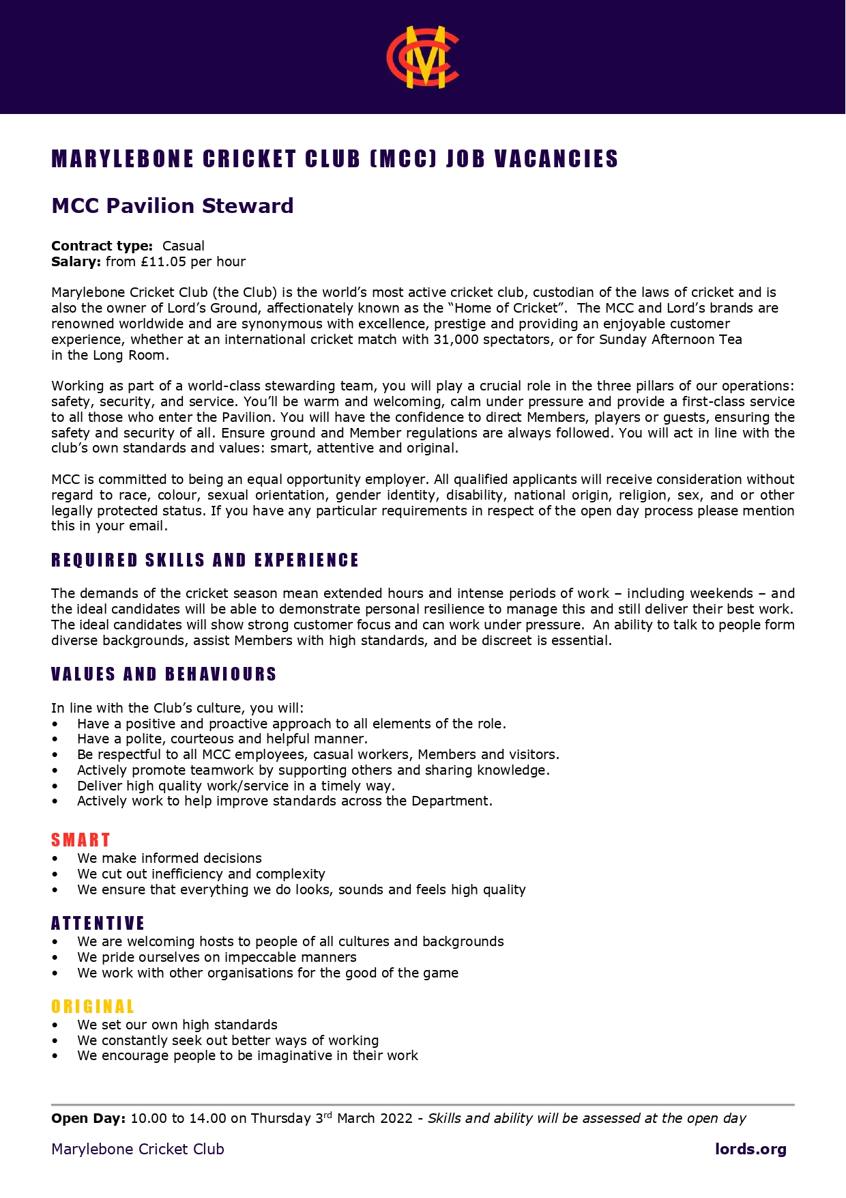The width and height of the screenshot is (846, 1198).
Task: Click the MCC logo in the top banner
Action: point(422,57)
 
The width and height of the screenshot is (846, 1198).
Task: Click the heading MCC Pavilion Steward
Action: point(173,205)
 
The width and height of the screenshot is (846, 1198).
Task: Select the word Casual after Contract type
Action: point(184,246)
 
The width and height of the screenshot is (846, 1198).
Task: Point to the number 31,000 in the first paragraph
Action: point(456,339)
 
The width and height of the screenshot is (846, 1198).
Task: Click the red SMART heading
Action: point(81,840)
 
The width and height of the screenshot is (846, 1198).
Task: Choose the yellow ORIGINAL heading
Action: point(93,1007)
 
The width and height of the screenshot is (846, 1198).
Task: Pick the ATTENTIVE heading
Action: point(98,924)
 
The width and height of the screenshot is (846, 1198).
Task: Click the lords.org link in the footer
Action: point(750,1149)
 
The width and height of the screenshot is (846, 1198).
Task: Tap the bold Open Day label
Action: point(88,1118)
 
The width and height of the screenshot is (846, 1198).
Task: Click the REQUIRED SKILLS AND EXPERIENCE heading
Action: point(205,560)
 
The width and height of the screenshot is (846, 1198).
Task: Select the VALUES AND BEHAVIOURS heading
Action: point(164,674)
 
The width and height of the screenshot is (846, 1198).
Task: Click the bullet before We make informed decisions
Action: point(55,859)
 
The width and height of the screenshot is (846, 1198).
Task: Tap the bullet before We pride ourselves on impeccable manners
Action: point(55,958)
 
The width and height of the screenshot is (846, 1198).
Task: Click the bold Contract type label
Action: point(102,246)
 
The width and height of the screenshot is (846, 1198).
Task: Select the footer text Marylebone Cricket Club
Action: point(138,1149)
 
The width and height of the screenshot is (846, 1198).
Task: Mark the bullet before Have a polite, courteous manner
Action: point(55,739)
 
